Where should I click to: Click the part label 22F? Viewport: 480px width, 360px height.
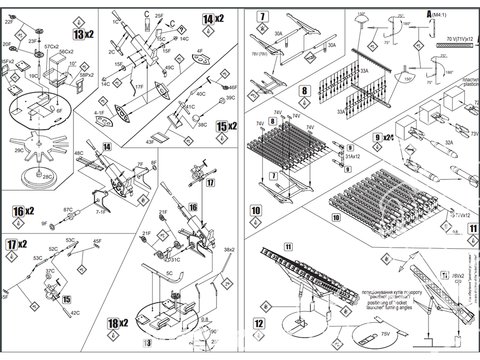[9, 22]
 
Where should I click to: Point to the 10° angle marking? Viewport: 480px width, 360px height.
[72, 63]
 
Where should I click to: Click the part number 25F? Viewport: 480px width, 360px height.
[159, 16]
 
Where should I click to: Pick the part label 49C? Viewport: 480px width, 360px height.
[169, 68]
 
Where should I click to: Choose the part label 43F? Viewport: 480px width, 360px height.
[150, 142]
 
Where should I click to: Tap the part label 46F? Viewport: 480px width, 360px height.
[233, 88]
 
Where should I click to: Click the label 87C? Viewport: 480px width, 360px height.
[68, 210]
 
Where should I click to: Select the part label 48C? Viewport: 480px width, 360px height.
[78, 153]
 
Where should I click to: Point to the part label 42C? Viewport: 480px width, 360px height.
[75, 313]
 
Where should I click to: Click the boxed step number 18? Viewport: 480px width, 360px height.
[113, 324]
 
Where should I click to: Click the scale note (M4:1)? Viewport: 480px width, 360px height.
[441, 15]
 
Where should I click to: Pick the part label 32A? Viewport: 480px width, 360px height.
[449, 142]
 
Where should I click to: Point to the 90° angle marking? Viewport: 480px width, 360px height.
[213, 331]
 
